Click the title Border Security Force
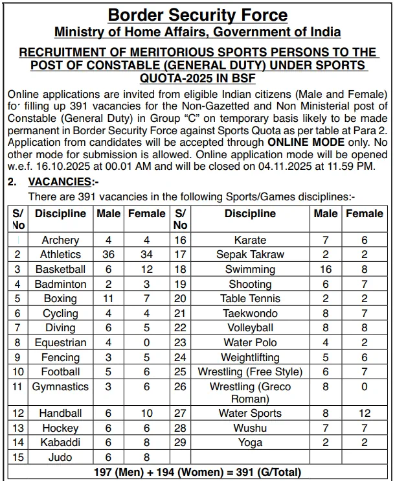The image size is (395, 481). (x=198, y=14)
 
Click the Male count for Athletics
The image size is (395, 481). (x=108, y=255)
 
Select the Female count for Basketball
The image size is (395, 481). (x=147, y=270)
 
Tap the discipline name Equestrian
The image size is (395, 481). (x=60, y=343)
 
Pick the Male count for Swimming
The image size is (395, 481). (x=326, y=270)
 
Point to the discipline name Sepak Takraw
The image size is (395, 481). (x=250, y=255)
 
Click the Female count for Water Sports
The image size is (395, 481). (x=365, y=414)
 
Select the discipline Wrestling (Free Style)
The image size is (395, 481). (x=250, y=372)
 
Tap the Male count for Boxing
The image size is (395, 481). (x=108, y=299)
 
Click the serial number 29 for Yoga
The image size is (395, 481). (x=181, y=443)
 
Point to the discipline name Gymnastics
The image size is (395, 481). (x=60, y=387)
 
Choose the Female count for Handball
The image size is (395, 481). (x=147, y=414)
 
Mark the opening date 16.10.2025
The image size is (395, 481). (x=62, y=166)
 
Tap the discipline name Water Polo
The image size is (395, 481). (x=250, y=343)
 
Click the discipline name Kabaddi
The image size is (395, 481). (x=60, y=443)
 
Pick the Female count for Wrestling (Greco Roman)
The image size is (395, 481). (x=365, y=387)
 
